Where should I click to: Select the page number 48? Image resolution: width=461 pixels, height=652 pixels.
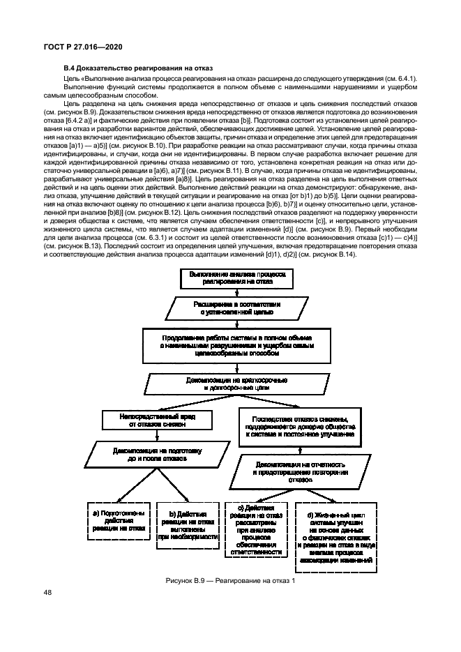47,593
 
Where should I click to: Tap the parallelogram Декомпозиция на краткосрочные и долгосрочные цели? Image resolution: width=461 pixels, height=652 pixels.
234,384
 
